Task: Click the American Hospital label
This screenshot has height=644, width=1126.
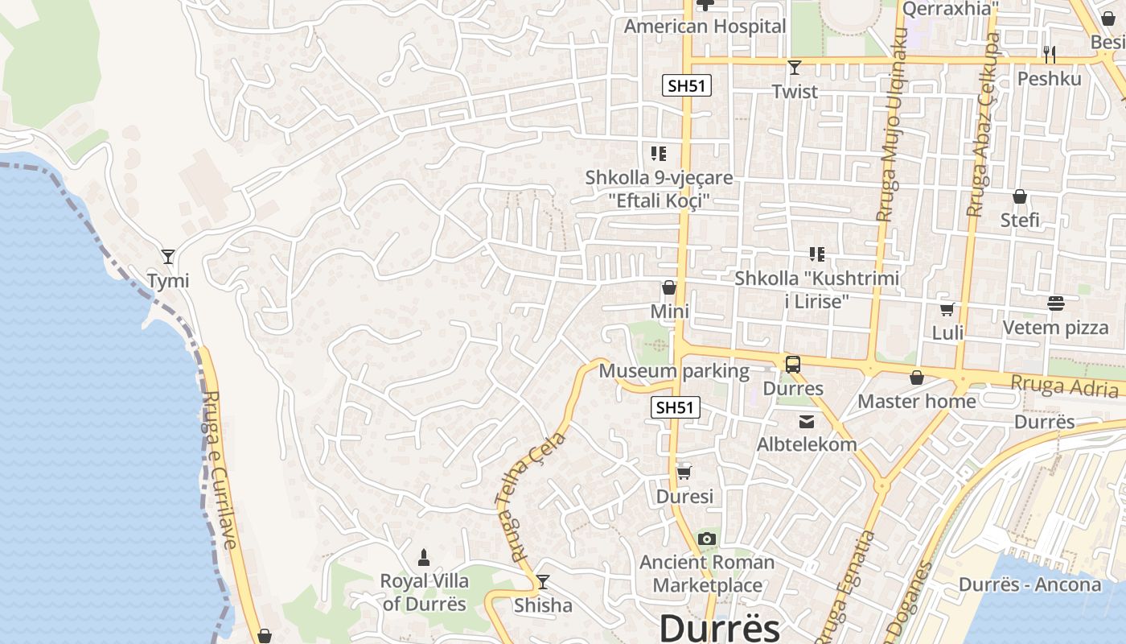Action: coord(705,27)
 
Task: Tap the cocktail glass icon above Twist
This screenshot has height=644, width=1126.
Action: coord(795,67)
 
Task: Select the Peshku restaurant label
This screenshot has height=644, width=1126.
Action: coord(1049,79)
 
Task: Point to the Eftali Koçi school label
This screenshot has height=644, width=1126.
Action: coord(647,189)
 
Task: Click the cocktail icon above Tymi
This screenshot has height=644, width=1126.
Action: coord(168,257)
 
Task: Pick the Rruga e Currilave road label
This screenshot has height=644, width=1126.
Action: coord(218,470)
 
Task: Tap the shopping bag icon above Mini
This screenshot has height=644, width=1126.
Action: coord(669,287)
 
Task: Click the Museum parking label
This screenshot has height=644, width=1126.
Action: coord(674,371)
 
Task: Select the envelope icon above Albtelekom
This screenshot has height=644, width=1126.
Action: coord(806,421)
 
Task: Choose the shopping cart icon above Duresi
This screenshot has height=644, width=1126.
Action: coord(684,473)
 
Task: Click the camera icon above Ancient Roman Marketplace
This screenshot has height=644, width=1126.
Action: coord(707,539)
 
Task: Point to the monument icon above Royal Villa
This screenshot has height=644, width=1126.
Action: coord(424,557)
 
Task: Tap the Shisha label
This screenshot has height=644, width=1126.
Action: coord(543,605)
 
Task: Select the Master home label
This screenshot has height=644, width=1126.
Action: coord(917,401)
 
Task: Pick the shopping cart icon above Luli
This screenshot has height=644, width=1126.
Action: coord(947,309)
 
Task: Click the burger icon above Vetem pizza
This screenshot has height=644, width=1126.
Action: coord(1055,303)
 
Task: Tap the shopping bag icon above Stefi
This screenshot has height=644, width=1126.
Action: coord(1020,196)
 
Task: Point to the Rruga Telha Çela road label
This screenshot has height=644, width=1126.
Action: coord(532,497)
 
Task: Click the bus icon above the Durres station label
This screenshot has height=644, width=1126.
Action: coord(793,365)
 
